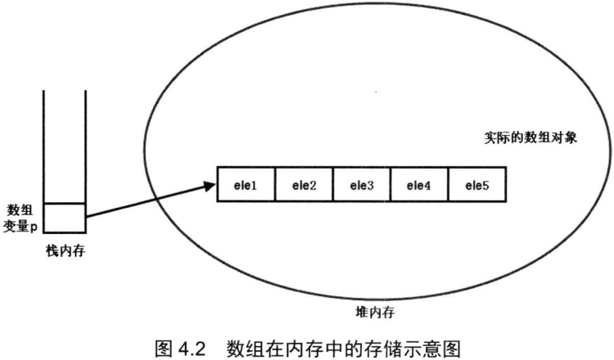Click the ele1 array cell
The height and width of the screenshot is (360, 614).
[x=246, y=186]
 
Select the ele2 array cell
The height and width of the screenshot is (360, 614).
[x=304, y=186]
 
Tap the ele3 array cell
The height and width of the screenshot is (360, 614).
[x=362, y=186]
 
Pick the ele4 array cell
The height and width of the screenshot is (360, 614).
[x=420, y=186]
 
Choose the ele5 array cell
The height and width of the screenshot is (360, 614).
[x=478, y=186]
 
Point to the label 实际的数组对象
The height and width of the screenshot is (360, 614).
[x=531, y=137]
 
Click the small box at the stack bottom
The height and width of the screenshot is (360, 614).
[x=65, y=218]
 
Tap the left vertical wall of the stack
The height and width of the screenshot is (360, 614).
[x=44, y=147]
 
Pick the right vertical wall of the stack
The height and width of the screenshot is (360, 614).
[x=85, y=147]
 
